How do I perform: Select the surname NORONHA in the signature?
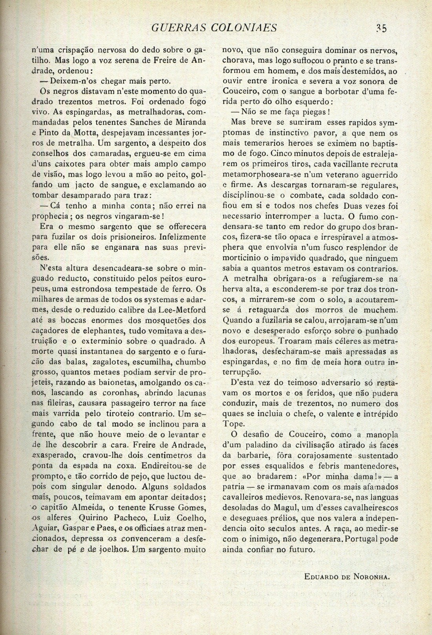[366, 576]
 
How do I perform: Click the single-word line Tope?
[233, 424]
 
